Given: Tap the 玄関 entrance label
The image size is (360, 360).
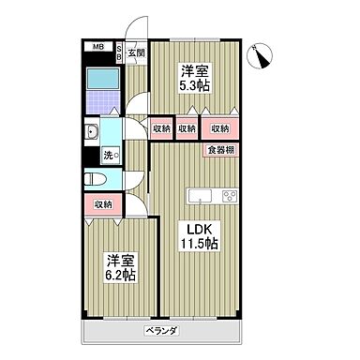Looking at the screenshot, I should (x=137, y=53).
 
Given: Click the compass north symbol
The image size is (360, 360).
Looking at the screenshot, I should (x=262, y=55).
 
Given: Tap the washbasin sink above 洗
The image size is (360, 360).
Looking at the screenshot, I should (x=94, y=131).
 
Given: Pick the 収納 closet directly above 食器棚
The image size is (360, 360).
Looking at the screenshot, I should (x=220, y=129).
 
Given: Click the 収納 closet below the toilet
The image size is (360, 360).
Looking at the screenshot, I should (x=102, y=203).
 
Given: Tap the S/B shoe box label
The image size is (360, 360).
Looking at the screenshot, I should (x=119, y=53).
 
